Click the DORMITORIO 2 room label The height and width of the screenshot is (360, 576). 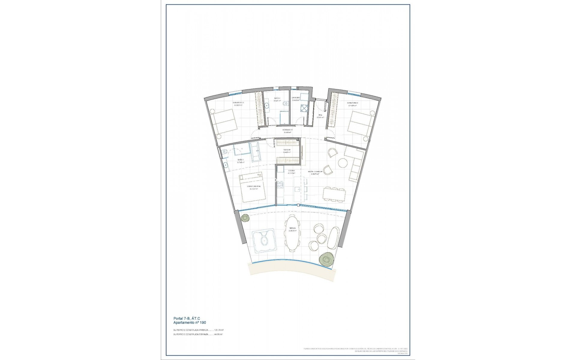(x=239, y=103)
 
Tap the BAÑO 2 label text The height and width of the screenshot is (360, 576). (x=277, y=98)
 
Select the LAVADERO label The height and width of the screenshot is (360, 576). (x=296, y=98)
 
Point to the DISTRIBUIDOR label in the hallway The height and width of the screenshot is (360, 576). (x=287, y=130)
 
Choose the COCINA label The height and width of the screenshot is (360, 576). (x=291, y=170)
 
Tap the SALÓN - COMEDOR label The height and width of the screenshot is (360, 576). (x=315, y=172)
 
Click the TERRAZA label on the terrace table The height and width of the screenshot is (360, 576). (x=292, y=228)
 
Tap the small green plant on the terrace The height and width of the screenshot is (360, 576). (x=245, y=217)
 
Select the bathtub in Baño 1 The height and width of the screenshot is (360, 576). (x=256, y=152)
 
